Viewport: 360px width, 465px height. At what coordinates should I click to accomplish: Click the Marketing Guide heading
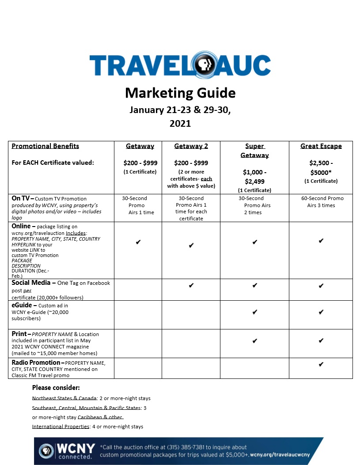click(180, 93)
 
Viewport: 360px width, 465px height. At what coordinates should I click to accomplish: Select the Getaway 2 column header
click(191, 146)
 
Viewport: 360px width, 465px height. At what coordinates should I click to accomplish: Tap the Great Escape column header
click(321, 146)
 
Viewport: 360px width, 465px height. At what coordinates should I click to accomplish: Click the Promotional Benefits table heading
click(45, 146)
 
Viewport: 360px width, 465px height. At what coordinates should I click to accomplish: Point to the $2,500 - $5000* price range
click(321, 167)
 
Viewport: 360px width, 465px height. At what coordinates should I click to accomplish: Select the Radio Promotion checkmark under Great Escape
click(321, 364)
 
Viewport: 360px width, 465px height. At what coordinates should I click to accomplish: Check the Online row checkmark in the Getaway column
click(138, 242)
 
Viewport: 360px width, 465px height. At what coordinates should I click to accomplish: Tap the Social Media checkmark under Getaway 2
click(191, 285)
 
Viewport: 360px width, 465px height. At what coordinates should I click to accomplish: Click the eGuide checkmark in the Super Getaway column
click(254, 312)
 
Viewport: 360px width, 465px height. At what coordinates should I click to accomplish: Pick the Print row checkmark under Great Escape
click(321, 341)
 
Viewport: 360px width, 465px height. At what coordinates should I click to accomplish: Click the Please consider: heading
click(56, 388)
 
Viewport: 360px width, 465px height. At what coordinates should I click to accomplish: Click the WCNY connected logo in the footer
click(66, 451)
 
